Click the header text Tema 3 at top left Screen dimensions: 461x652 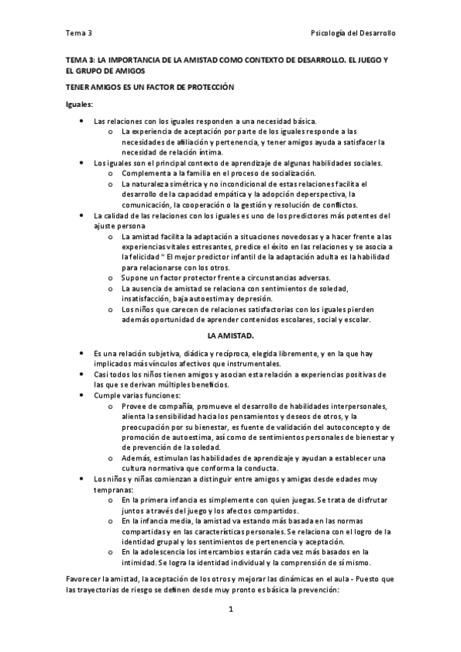(79, 34)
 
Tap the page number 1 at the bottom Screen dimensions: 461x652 (230, 610)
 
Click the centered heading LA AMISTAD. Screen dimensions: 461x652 (231, 336)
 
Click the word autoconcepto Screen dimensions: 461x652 (339, 427)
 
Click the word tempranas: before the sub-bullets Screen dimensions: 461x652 (113, 489)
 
